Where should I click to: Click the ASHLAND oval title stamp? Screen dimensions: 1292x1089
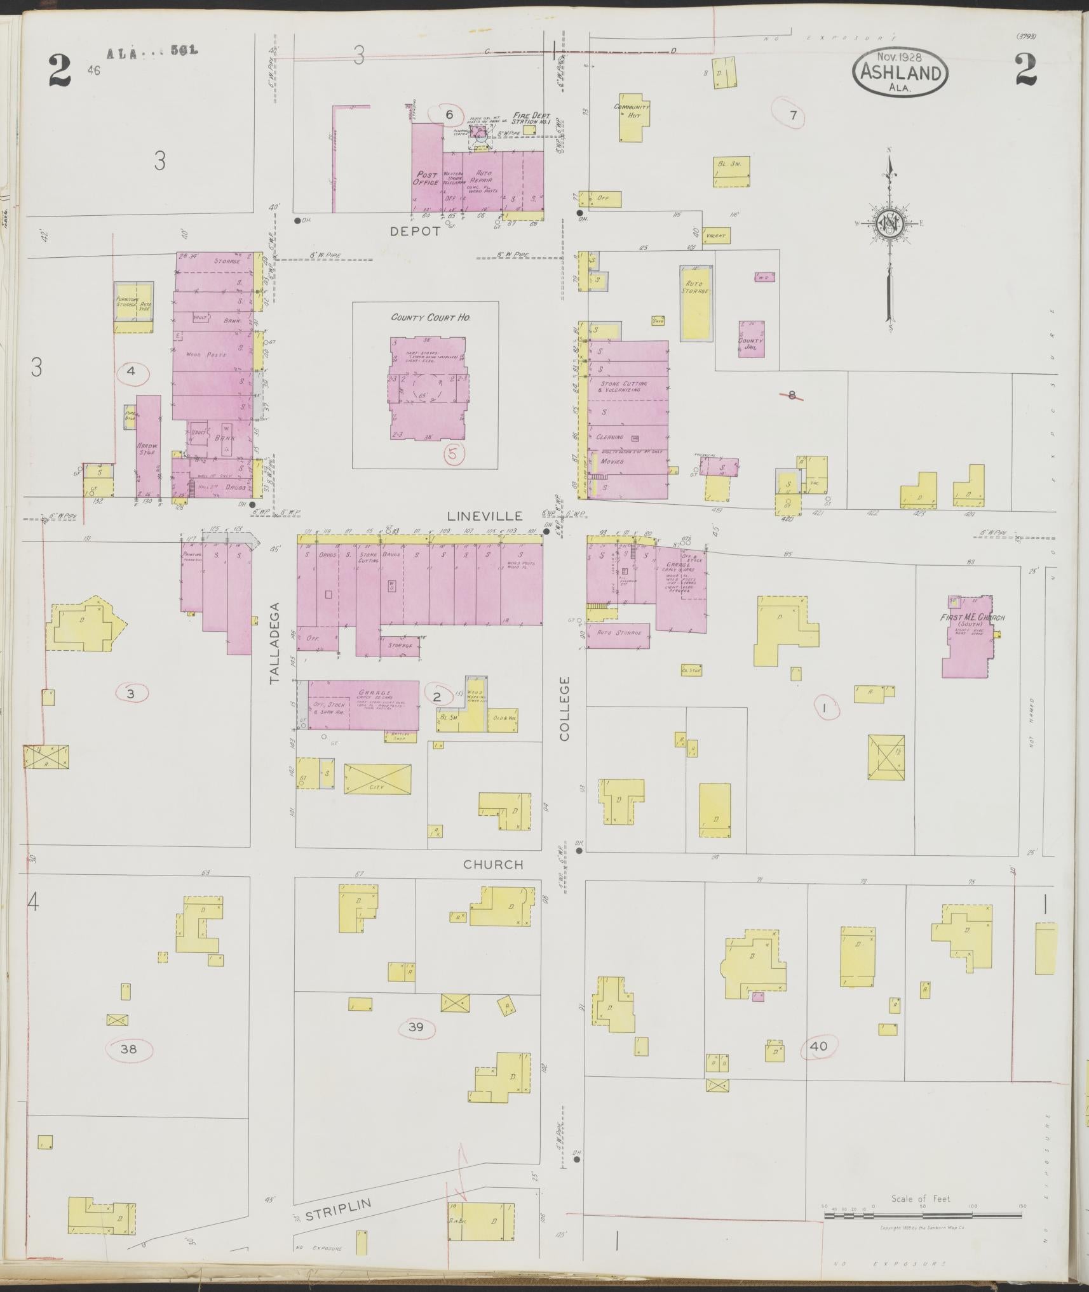pyautogui.click(x=900, y=72)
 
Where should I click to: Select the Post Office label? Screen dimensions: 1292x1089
pyautogui.click(x=426, y=178)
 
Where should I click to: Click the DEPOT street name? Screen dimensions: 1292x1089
pyautogui.click(x=416, y=231)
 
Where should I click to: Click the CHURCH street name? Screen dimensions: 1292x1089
pyautogui.click(x=493, y=864)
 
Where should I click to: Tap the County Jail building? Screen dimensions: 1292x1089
pyautogui.click(x=750, y=339)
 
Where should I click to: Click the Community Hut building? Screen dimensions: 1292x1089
pyautogui.click(x=632, y=117)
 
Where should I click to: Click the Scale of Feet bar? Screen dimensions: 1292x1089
pyautogui.click(x=922, y=1215)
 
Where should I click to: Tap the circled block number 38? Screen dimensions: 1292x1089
pyautogui.click(x=128, y=1049)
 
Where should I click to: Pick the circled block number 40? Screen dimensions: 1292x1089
pyautogui.click(x=819, y=1046)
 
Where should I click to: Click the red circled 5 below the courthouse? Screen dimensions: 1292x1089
pyautogui.click(x=454, y=453)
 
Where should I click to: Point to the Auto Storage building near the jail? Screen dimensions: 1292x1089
pyautogui.click(x=696, y=302)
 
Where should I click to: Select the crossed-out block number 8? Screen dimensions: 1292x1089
pyautogui.click(x=792, y=395)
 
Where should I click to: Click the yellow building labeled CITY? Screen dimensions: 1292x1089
pyautogui.click(x=377, y=778)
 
